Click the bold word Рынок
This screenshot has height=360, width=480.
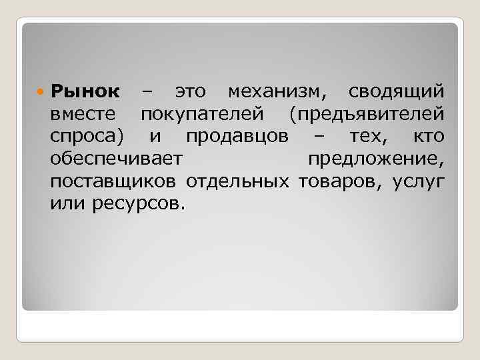(x=85, y=91)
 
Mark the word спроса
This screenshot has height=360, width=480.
(x=85, y=137)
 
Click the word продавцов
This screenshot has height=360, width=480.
(x=237, y=137)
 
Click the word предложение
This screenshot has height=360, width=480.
(x=376, y=159)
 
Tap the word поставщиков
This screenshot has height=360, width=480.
(x=114, y=181)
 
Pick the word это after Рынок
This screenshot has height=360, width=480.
(x=191, y=91)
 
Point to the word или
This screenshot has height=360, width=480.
(x=64, y=203)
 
